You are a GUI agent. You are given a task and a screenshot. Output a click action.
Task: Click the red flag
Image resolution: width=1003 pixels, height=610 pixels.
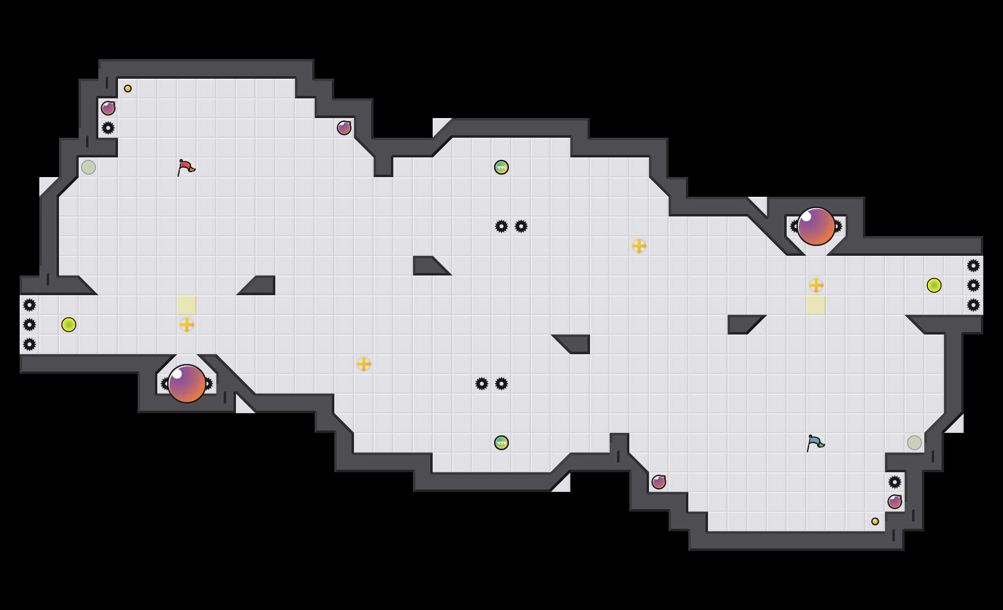(186, 168)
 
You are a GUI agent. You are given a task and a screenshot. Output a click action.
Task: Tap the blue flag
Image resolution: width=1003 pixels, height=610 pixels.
(815, 443)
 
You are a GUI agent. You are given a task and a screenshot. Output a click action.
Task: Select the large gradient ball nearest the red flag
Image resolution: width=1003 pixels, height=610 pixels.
(187, 384)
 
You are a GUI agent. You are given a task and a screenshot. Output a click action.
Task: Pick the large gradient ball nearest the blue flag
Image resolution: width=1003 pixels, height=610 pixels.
(816, 226)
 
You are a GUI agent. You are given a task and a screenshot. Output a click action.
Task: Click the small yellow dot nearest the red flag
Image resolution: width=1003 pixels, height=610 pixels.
(128, 89)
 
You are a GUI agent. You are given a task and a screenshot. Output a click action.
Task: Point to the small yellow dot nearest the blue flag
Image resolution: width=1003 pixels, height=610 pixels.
(875, 521)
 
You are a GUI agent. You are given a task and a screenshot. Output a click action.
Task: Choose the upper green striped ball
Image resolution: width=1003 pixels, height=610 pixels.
(501, 167)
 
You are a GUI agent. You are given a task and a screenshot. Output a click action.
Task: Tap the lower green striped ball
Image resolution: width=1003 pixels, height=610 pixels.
(501, 443)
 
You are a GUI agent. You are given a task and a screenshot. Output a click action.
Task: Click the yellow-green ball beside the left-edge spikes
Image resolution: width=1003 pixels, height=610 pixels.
(69, 325)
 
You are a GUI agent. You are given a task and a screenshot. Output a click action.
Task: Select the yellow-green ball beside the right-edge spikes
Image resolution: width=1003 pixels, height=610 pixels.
(934, 285)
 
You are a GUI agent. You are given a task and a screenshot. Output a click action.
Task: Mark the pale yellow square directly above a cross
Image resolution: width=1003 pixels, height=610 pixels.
(187, 305)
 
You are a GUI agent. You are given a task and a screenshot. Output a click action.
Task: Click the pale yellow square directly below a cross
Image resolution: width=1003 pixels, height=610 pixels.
(816, 305)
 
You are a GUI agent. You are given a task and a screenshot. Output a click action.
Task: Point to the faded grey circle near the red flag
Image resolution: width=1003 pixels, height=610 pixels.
(88, 167)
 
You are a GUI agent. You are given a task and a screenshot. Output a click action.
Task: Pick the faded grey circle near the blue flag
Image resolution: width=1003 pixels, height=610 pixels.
(914, 443)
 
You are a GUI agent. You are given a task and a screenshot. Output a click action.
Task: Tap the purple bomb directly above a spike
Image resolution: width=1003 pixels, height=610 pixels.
(108, 108)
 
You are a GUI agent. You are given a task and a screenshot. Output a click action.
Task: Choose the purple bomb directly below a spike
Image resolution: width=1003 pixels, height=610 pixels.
(895, 502)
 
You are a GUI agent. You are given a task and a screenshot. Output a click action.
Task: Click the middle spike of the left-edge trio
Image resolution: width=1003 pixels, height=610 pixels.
(29, 325)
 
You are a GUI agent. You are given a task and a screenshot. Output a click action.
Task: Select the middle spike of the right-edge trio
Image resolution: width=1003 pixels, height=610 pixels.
(973, 285)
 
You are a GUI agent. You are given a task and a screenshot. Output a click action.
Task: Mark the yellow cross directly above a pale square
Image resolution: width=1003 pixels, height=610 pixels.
(816, 285)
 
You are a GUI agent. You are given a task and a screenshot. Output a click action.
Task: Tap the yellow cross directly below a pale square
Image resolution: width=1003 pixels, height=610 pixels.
(187, 325)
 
